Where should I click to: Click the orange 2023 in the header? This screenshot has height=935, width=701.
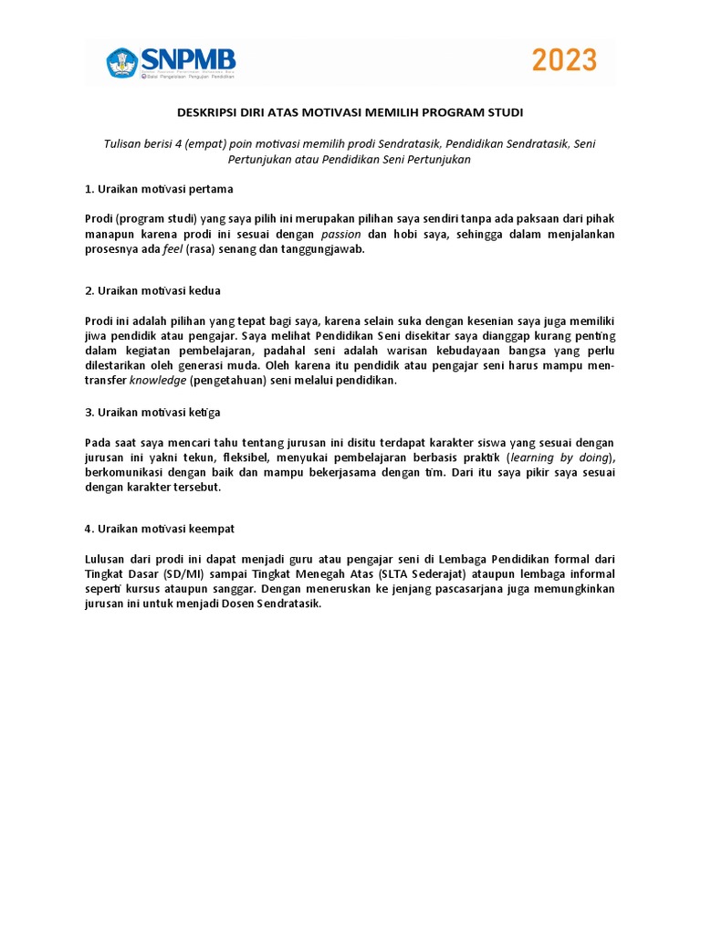click(x=564, y=61)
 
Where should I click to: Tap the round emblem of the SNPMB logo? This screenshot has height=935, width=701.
click(x=122, y=62)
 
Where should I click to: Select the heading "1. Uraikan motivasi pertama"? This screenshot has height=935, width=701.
click(x=159, y=189)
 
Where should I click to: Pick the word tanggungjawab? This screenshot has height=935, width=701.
click(x=321, y=249)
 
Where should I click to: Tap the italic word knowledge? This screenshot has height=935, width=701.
click(x=158, y=381)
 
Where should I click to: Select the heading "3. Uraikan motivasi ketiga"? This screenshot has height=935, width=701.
click(x=152, y=413)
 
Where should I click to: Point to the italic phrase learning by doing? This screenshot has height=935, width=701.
click(x=558, y=457)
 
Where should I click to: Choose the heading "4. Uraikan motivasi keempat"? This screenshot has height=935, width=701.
click(x=161, y=529)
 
